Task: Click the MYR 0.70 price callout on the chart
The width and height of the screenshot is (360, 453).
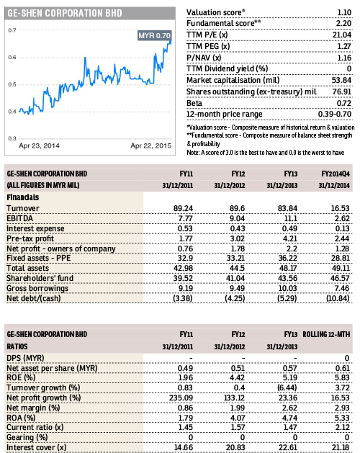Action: [x=154, y=35]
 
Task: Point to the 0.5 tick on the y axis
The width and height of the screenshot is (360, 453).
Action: [x=12, y=84]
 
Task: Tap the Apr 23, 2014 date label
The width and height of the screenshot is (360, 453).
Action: [x=39, y=145]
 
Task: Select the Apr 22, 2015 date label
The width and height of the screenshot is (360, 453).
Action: [x=150, y=145]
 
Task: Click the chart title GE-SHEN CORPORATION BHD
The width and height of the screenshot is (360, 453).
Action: [x=65, y=13]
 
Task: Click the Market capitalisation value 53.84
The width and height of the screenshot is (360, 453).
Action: [x=341, y=80]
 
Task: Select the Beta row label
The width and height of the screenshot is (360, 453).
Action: [x=194, y=103]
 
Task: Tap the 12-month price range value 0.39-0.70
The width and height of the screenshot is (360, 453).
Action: [x=335, y=114]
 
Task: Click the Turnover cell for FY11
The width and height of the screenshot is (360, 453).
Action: [x=183, y=208]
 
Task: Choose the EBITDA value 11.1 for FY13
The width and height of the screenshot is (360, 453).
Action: [x=291, y=218]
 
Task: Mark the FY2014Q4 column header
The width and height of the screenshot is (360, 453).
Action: [x=336, y=174]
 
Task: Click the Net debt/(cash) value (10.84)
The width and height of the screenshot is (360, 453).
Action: [x=338, y=298]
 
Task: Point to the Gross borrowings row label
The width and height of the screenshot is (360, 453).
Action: [x=37, y=288]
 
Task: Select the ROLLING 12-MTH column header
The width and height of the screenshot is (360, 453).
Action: [x=326, y=335]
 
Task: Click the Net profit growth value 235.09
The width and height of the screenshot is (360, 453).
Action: [x=181, y=398]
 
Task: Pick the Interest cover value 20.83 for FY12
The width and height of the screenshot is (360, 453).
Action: [x=235, y=447]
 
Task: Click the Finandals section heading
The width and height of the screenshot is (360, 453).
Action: [x=23, y=197]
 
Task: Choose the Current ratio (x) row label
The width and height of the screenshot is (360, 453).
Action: [x=35, y=427]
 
